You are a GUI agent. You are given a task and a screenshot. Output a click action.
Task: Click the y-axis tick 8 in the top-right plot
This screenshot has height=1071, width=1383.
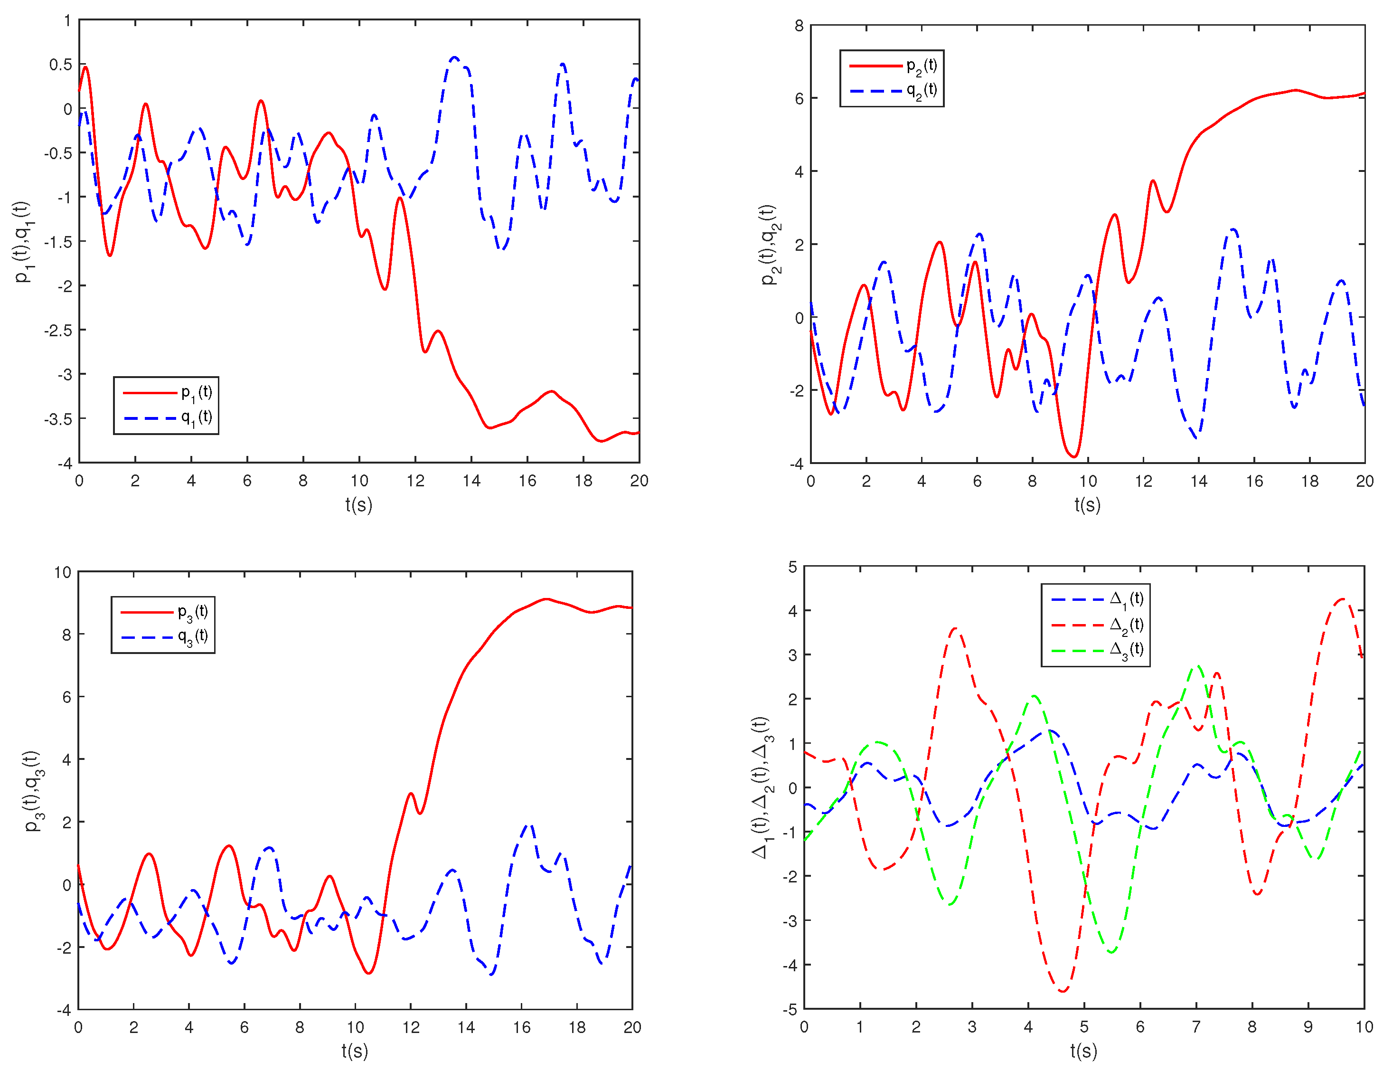(x=799, y=26)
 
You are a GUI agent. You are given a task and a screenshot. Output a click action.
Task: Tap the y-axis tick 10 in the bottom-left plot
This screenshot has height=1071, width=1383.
(x=63, y=573)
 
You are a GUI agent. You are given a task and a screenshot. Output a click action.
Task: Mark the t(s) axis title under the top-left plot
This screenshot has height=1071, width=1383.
(x=358, y=505)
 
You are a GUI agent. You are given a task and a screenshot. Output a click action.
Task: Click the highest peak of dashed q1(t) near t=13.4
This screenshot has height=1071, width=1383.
(x=454, y=57)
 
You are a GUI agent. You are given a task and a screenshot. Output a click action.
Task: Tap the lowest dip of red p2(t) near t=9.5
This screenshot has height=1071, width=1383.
(x=1074, y=456)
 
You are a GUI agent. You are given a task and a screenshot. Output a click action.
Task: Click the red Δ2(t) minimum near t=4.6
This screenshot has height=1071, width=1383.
(x=1063, y=991)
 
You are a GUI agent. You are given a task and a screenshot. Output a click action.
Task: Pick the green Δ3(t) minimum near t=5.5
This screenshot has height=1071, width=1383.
(x=1111, y=952)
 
